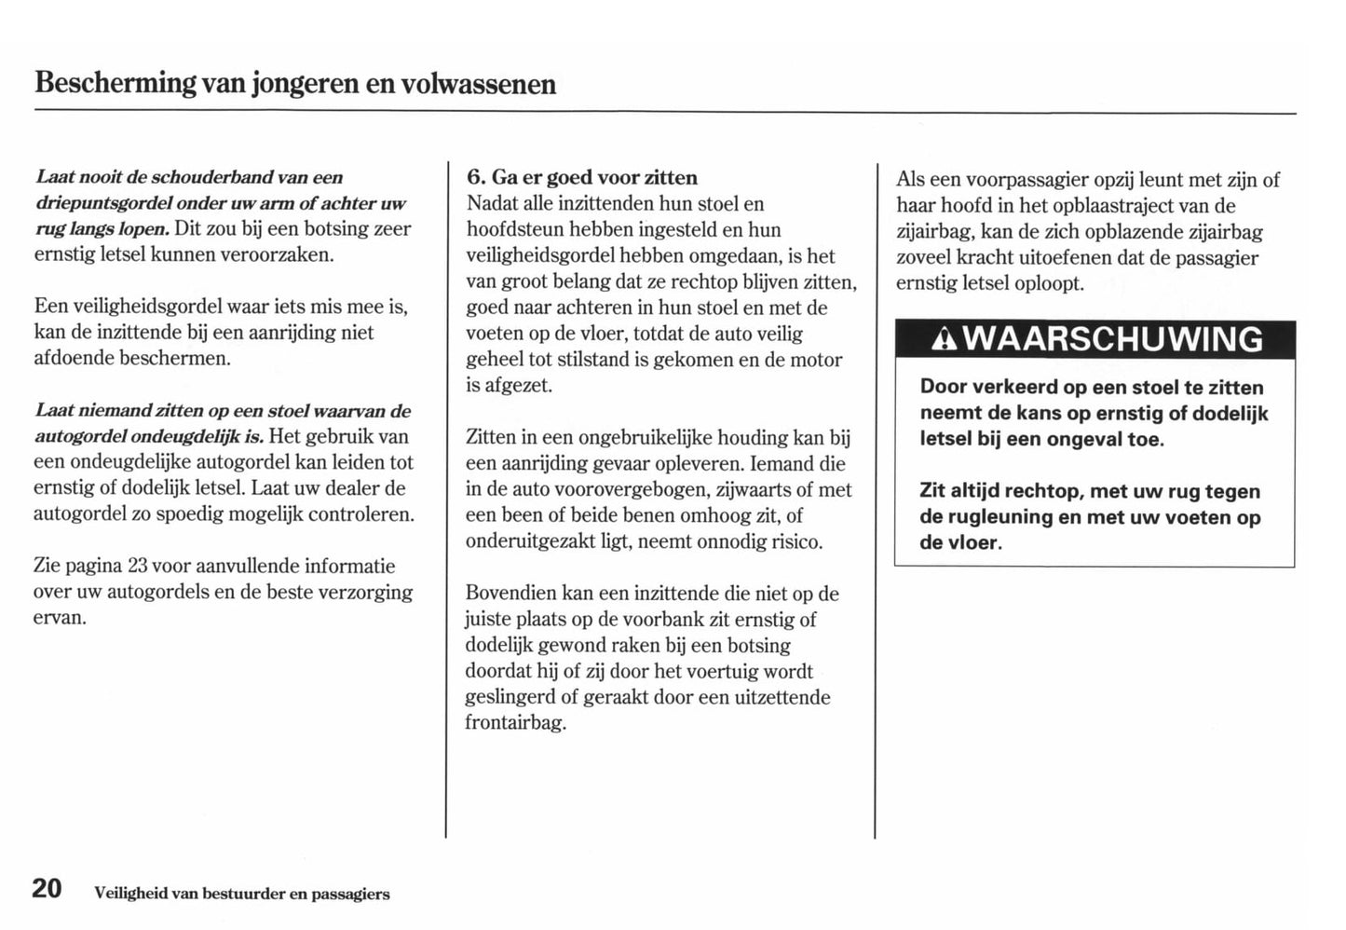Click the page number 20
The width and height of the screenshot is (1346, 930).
pos(47,888)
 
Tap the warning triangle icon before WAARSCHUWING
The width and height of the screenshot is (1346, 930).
pos(945,340)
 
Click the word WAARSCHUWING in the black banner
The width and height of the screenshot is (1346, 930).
pos(1112,339)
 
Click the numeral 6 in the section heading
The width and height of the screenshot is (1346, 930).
pos(474,177)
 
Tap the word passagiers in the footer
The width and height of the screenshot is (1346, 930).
pos(350,895)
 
